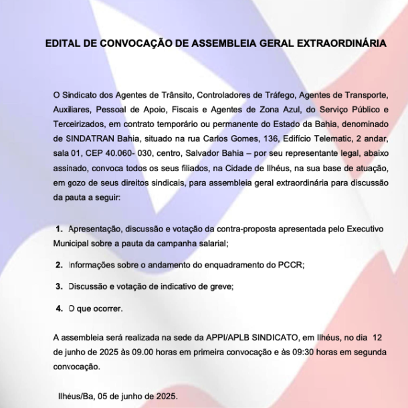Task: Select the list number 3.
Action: click(59, 286)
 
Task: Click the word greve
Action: click(221, 286)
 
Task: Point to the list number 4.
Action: click(59, 308)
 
